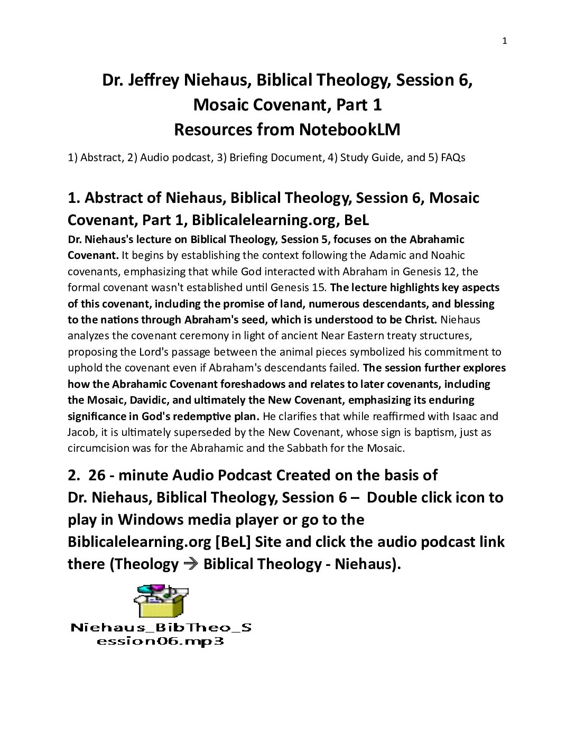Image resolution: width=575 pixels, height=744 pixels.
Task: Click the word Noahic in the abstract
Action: (x=446, y=255)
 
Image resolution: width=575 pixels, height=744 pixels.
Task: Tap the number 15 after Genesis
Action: (x=319, y=287)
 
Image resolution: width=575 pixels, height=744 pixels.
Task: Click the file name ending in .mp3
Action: (x=161, y=634)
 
